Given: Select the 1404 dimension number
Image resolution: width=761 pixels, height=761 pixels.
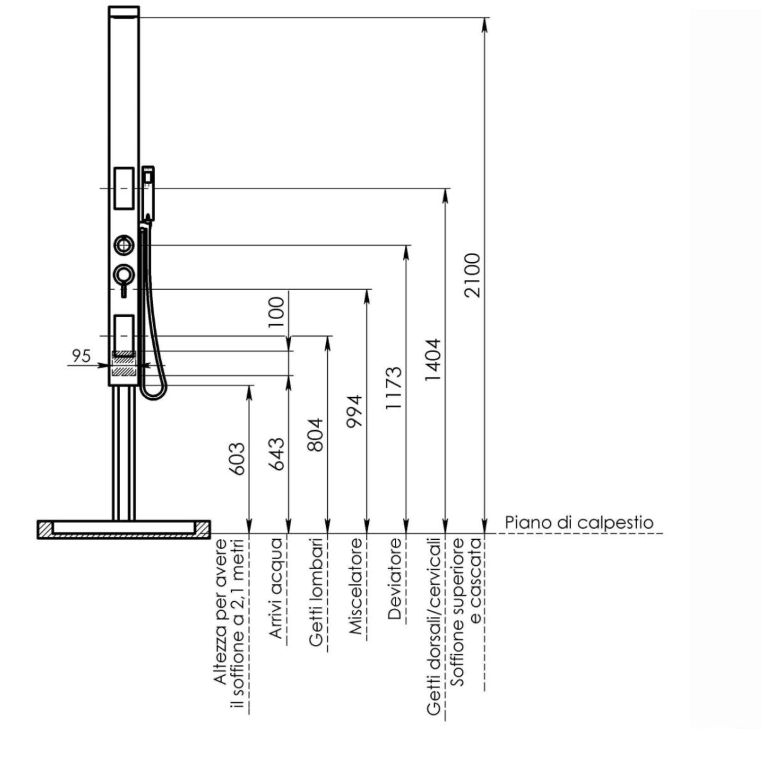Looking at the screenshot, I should pyautogui.click(x=433, y=360).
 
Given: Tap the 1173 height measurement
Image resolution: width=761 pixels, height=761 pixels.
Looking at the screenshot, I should pyautogui.click(x=394, y=388).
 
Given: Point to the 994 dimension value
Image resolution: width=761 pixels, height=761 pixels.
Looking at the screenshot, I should pyautogui.click(x=355, y=411).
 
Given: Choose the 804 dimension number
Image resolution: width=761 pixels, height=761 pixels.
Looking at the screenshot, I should pyautogui.click(x=316, y=435).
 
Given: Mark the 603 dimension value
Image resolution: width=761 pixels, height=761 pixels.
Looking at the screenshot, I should pyautogui.click(x=237, y=459).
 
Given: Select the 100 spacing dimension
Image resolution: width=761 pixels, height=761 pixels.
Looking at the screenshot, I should pyautogui.click(x=276, y=312).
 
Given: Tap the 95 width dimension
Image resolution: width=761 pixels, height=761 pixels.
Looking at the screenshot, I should pyautogui.click(x=81, y=356).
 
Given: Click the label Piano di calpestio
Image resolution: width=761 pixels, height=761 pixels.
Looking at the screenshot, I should pyautogui.click(x=579, y=523).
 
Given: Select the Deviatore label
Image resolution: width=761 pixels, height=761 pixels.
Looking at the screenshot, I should pyautogui.click(x=395, y=579).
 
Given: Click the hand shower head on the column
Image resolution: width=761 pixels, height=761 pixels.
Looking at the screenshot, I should pyautogui.click(x=148, y=193).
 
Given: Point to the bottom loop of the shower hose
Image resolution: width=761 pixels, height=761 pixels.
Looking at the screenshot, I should pyautogui.click(x=153, y=393).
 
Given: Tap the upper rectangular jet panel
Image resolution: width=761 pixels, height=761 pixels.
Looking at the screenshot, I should pyautogui.click(x=124, y=188).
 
